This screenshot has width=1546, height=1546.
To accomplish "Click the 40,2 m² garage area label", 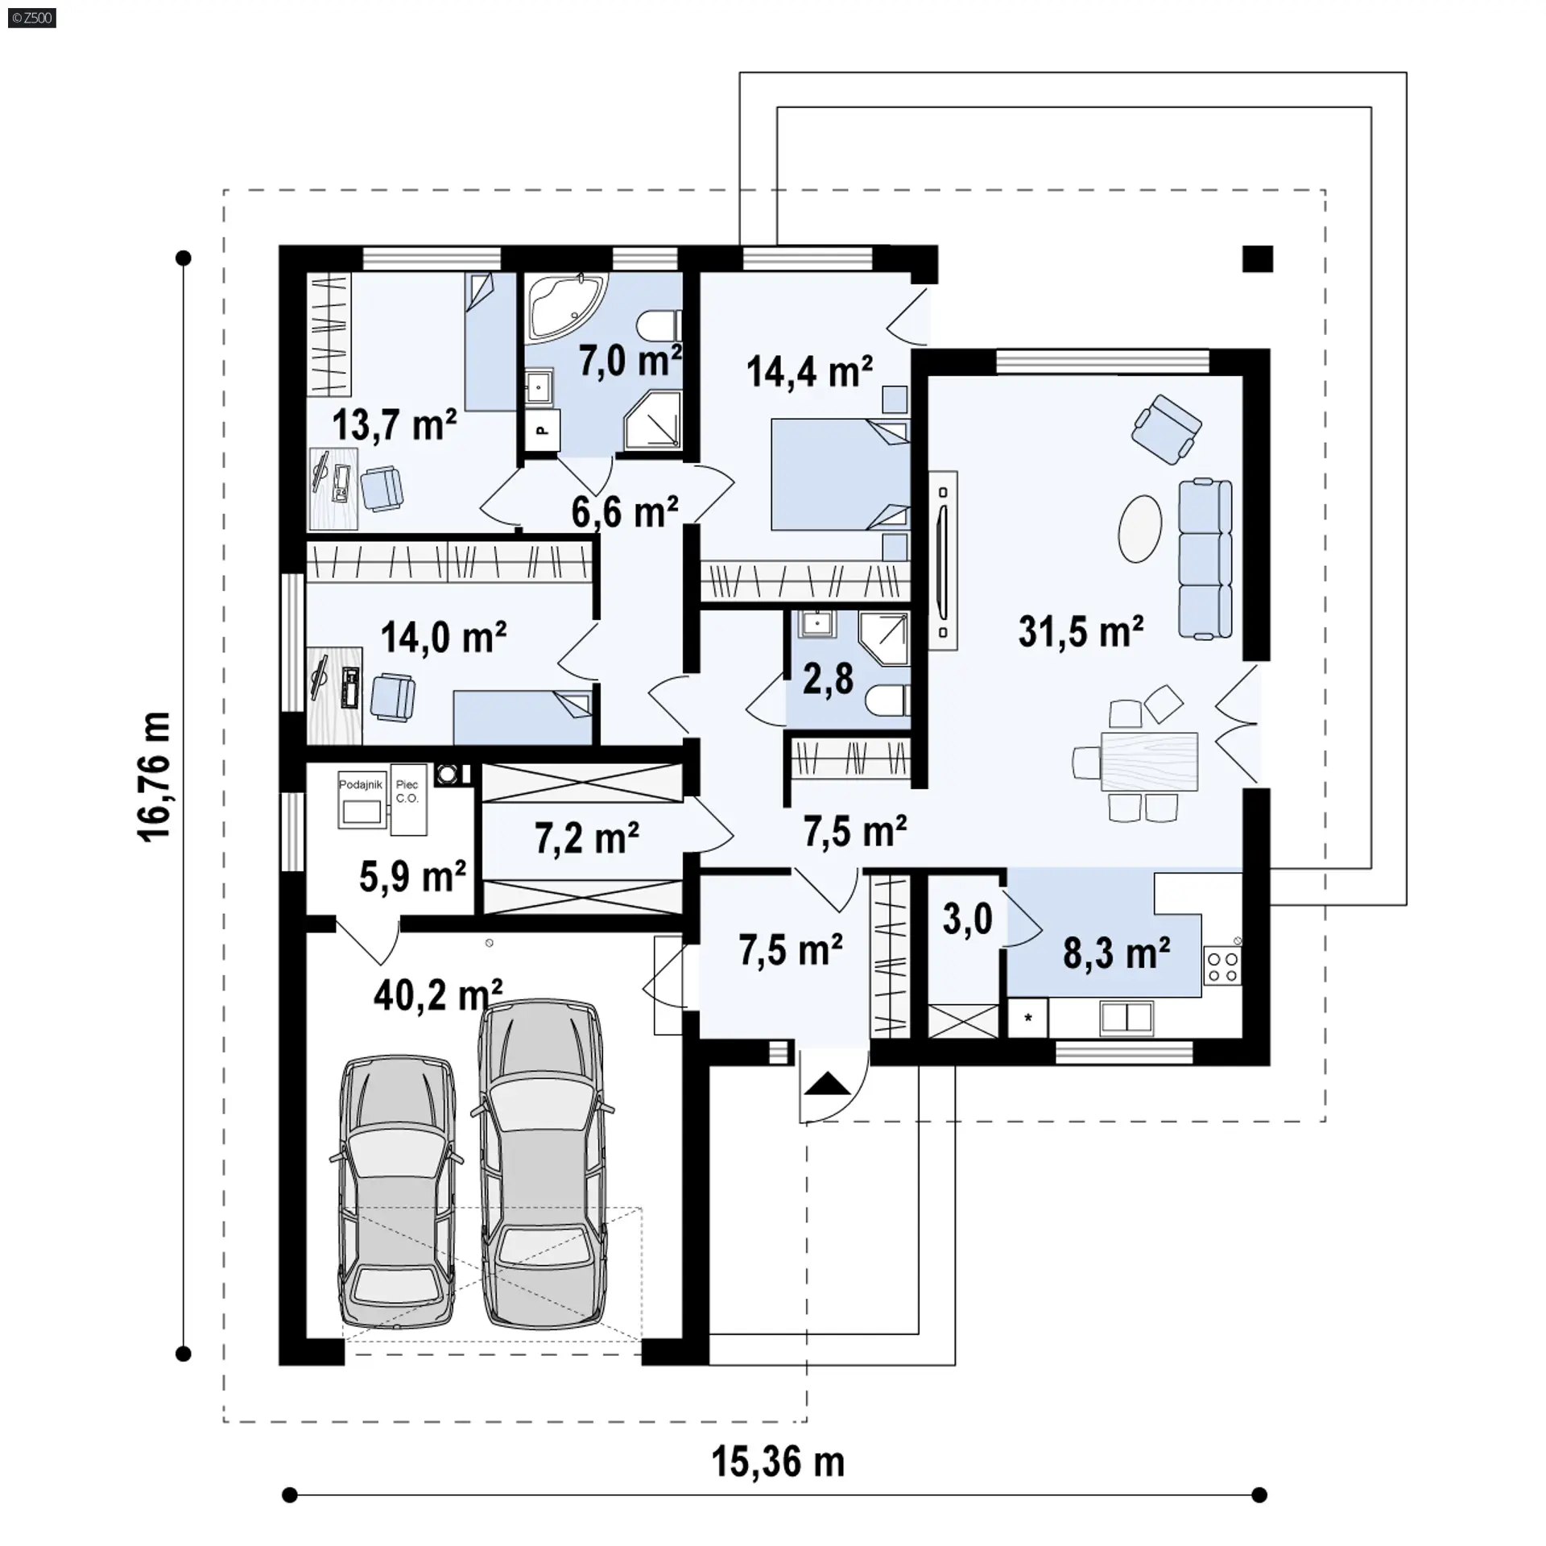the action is (438, 995).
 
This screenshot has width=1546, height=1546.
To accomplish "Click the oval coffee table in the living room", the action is (1140, 528).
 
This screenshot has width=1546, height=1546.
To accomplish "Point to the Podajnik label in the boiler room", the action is (361, 784).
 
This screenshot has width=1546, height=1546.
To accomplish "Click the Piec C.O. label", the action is (407, 792).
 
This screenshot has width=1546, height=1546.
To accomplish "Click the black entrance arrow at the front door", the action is (827, 1085).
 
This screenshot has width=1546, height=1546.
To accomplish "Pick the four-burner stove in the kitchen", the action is (1222, 965).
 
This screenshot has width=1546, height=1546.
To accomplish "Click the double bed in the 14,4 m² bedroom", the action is (840, 474).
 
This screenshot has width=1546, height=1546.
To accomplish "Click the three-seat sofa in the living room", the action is (1205, 559).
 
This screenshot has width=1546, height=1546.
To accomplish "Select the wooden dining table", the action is (1149, 761).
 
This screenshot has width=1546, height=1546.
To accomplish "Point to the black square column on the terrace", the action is (1258, 258).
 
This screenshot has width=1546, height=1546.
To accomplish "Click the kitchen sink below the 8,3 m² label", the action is (1127, 1018).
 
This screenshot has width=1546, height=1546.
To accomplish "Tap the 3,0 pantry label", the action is (967, 919).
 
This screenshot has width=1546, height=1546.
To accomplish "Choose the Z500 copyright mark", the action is (32, 18).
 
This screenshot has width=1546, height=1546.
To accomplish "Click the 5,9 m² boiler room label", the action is (412, 876).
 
